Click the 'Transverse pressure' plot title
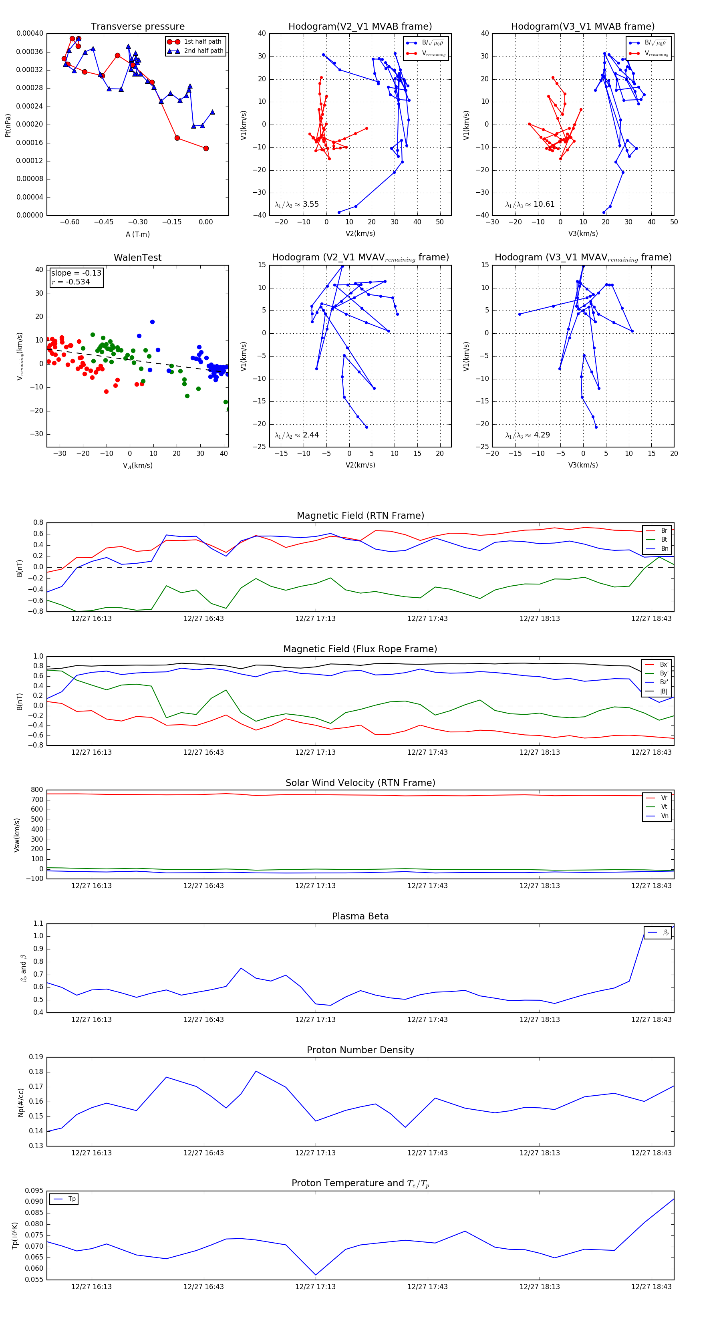click(x=137, y=27)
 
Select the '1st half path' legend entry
click(x=202, y=42)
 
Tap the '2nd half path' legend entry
click(x=203, y=51)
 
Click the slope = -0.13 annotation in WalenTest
click(x=76, y=273)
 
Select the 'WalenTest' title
click(x=137, y=258)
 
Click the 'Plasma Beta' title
click(x=360, y=916)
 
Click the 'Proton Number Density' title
click(x=360, y=1050)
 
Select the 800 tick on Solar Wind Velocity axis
click(x=37, y=790)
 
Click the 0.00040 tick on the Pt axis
click(x=30, y=33)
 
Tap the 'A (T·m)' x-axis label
click(x=137, y=234)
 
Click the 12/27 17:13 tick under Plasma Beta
click(x=315, y=1019)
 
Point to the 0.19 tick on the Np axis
click(x=36, y=1057)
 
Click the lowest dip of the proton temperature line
click(x=315, y=1275)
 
